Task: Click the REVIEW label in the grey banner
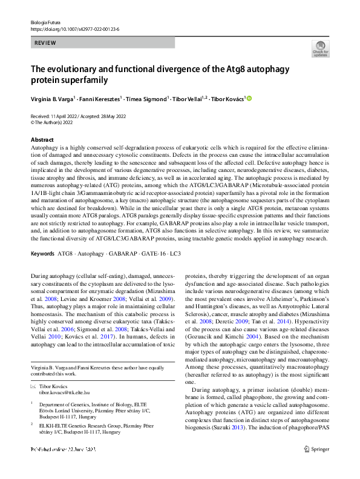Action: coord(45,43)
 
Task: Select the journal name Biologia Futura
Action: coord(46,22)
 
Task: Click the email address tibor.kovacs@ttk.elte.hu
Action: coord(68,392)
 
